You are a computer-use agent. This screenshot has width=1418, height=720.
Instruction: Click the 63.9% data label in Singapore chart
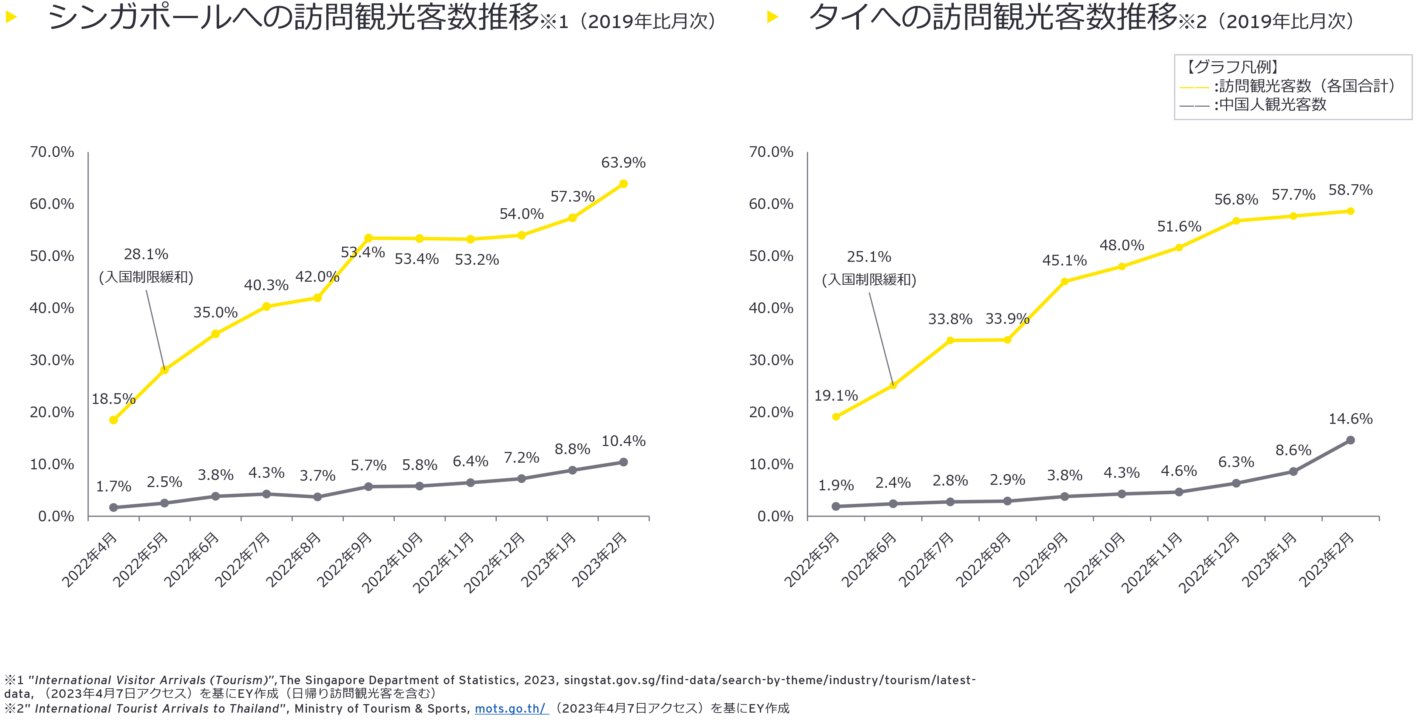click(x=623, y=163)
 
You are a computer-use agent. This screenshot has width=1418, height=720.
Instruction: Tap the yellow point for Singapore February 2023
click(x=623, y=184)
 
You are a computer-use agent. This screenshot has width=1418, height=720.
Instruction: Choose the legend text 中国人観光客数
click(x=1273, y=104)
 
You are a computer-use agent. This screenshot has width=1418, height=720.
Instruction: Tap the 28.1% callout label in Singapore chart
click(x=146, y=254)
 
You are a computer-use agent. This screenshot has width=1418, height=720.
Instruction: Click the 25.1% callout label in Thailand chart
click(x=869, y=257)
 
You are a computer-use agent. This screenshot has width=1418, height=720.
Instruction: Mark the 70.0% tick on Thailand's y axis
click(x=771, y=152)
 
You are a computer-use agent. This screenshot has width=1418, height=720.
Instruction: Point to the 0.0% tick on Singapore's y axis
click(x=56, y=516)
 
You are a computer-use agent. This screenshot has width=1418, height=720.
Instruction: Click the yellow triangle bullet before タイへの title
click(x=772, y=17)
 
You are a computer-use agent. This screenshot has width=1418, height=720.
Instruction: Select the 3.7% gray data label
click(x=317, y=476)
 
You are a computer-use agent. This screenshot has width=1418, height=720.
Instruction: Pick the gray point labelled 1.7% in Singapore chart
click(x=113, y=508)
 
